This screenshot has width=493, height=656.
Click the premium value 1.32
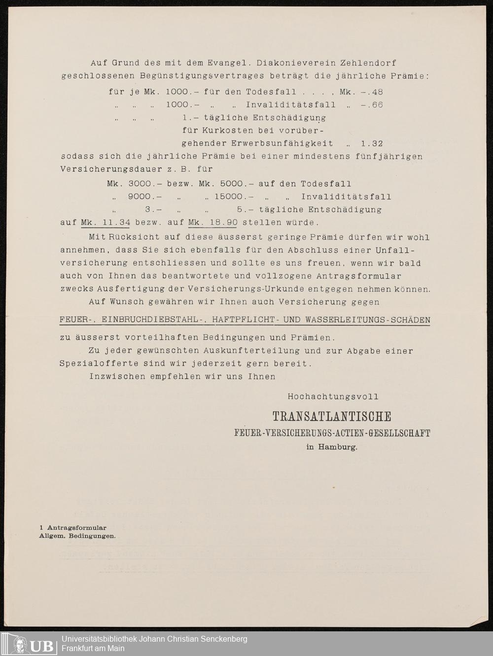[372, 144]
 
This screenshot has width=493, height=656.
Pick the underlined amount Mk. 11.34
[106, 222]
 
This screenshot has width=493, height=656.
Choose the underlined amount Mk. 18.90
[212, 222]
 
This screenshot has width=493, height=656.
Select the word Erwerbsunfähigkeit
[282, 144]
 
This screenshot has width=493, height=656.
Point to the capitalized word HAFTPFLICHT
[245, 320]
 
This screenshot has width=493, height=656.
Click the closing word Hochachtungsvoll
[333, 397]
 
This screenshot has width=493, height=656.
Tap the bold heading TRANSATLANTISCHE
[332, 417]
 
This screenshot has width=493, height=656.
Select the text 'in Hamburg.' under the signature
[332, 447]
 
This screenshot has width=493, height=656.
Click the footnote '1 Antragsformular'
[73, 528]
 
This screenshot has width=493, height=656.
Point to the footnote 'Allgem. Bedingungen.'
[77, 536]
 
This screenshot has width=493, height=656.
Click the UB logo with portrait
[33, 644]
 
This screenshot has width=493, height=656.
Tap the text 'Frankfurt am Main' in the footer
[93, 648]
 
